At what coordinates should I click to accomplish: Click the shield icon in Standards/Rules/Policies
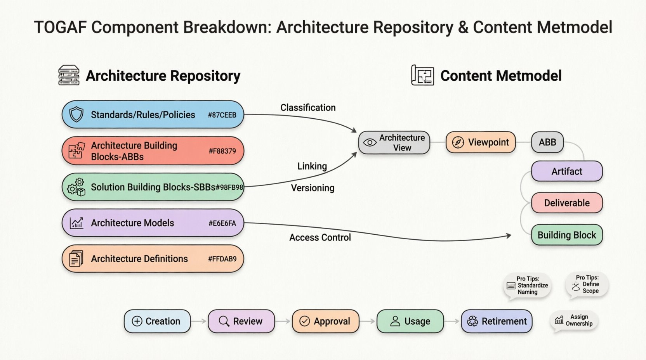(76, 115)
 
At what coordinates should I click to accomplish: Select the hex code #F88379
(222, 151)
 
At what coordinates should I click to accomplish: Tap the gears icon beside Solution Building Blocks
(76, 187)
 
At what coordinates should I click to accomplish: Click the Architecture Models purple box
(153, 223)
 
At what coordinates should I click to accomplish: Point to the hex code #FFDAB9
(222, 259)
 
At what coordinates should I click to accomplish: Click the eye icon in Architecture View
(370, 143)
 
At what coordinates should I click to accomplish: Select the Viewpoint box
(481, 142)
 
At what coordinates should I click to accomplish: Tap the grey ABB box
(547, 142)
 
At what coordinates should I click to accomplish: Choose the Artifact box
(566, 171)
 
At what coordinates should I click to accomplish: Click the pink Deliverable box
(566, 203)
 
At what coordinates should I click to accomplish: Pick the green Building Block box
(566, 235)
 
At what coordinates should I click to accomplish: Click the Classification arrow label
(308, 108)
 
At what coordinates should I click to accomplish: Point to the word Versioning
(313, 188)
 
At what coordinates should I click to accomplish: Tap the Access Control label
(320, 237)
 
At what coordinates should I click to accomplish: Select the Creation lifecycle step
(157, 321)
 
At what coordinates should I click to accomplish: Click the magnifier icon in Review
(224, 321)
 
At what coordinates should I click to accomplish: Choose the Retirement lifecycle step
(497, 321)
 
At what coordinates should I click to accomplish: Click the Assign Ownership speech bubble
(575, 320)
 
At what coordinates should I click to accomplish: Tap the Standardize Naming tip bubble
(527, 286)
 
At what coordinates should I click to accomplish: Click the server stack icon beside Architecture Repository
(69, 75)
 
